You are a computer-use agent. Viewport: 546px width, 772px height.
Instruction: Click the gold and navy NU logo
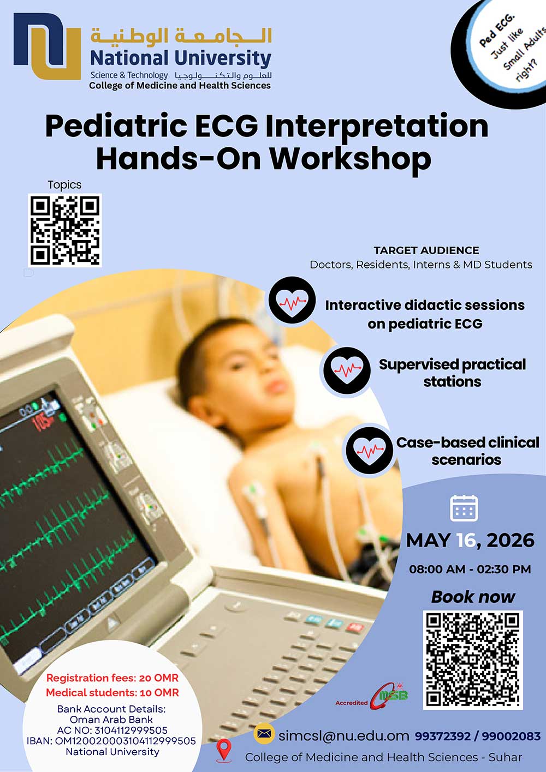(47, 46)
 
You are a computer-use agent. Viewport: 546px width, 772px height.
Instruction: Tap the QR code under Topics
(65, 230)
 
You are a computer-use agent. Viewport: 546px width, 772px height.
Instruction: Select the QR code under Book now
(473, 660)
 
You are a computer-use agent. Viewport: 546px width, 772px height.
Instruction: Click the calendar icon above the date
(464, 508)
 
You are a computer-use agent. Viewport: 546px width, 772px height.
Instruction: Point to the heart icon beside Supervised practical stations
(347, 370)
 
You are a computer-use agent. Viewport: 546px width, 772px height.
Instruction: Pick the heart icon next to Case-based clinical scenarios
(370, 450)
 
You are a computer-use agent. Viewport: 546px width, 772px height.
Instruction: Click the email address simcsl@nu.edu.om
(343, 736)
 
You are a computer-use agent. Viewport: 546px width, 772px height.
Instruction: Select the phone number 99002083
(511, 736)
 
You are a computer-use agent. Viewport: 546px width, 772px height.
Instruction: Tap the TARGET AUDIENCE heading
(426, 250)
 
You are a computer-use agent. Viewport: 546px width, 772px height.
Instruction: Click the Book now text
(473, 597)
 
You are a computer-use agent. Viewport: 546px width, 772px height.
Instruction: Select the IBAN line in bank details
(111, 741)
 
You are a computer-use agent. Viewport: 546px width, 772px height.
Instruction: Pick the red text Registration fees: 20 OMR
(112, 678)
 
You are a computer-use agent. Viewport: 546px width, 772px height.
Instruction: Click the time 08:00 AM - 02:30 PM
(470, 569)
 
